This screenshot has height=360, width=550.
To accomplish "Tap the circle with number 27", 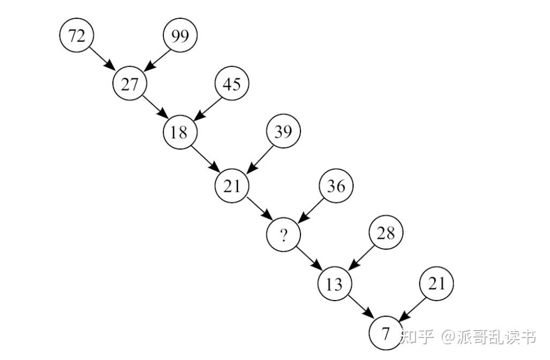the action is (129, 84).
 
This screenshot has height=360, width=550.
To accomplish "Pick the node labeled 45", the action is (231, 84).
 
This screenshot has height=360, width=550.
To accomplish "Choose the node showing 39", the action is (283, 131).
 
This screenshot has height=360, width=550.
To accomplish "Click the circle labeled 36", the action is (336, 186).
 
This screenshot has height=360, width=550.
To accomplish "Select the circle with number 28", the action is (386, 233).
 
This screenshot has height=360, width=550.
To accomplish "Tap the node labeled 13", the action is (334, 283).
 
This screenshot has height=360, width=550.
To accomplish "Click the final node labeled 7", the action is (386, 333).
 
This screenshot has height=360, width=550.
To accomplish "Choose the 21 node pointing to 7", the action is (436, 283).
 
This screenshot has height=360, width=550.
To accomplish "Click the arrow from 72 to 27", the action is (102, 59).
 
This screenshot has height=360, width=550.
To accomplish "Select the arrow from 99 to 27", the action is (156, 59).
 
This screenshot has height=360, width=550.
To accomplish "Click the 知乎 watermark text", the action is (417, 337).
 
